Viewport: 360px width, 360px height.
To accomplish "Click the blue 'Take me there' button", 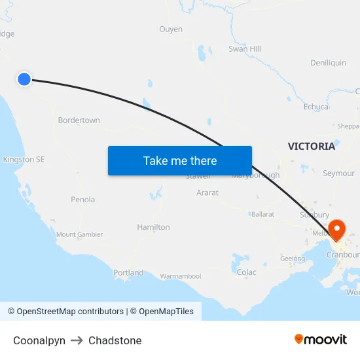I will click(180, 160).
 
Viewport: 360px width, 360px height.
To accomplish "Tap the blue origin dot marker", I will click(24, 79).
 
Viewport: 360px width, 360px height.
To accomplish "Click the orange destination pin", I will click(337, 230).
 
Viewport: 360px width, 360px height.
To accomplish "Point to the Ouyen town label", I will click(171, 29).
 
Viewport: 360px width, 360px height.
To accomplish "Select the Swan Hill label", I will click(245, 49).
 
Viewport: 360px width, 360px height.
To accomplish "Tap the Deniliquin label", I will click(328, 63).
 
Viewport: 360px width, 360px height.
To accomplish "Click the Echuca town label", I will click(316, 107).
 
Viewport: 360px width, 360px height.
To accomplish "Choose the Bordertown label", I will click(79, 120).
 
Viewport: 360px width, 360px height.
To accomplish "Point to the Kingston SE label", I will click(24, 160).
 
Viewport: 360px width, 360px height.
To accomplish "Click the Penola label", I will click(82, 200).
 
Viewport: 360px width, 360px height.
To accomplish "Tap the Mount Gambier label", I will click(79, 234).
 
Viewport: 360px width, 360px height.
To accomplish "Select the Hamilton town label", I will click(153, 227).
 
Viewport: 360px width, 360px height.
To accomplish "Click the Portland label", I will click(128, 273).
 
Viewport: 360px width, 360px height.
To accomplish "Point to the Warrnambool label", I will click(181, 276).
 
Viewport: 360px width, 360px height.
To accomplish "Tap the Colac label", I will click(246, 272).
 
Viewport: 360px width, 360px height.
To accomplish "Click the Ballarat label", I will click(263, 214).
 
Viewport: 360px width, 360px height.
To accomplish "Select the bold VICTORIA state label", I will click(312, 147).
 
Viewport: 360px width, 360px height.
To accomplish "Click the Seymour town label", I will click(338, 173).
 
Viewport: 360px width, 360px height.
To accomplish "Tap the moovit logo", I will click(321, 339).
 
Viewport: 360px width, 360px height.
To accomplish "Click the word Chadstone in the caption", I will click(115, 340).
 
